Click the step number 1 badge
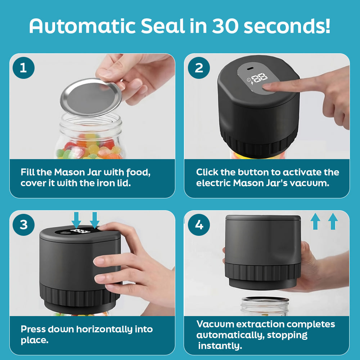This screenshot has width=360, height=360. click(x=23, y=68)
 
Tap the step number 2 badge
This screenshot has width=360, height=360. click(x=199, y=68)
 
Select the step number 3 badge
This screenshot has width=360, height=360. click(x=23, y=225)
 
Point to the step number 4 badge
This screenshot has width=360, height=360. click(x=199, y=225)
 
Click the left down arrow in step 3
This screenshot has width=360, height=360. click(x=76, y=220)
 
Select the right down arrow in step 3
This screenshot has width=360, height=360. click(x=94, y=220)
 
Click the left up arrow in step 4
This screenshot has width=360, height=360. click(x=315, y=221)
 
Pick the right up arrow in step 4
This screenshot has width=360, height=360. click(x=333, y=221)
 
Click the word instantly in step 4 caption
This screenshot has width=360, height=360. click(x=220, y=346)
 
